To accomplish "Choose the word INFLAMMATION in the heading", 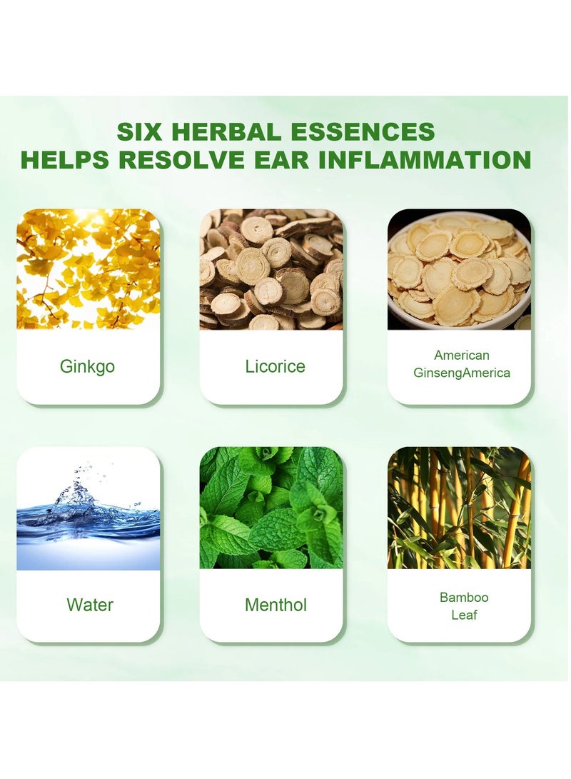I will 424,159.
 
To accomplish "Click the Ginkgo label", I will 88,367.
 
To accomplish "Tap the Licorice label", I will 274,367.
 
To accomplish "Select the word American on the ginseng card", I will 461,356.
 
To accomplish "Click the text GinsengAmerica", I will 462,373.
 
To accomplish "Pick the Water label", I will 90,605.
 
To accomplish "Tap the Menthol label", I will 276,605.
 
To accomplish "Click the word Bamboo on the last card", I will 464,597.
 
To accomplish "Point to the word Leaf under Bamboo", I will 464,614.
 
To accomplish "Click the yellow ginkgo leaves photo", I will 88,269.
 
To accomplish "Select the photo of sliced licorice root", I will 271,269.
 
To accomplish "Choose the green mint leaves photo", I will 271,508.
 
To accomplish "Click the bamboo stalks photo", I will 459,508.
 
